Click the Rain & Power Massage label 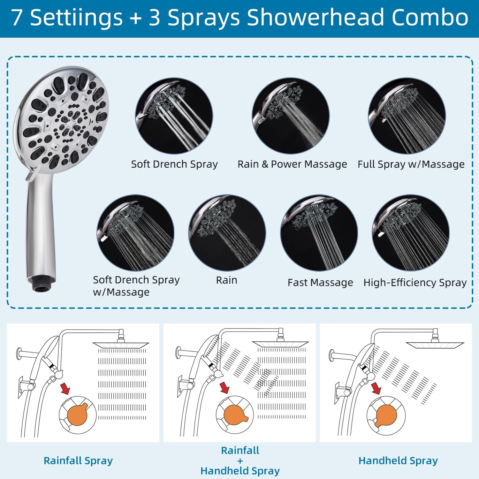292,164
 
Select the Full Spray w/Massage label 411,164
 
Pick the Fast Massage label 320,283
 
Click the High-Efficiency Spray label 415,283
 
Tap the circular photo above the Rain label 227,233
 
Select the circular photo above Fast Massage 319,233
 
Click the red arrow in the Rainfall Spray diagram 65,389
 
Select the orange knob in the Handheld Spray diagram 386,415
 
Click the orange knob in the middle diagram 235,415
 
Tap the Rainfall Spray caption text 78,461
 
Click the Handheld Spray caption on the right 398,461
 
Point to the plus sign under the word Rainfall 240,461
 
